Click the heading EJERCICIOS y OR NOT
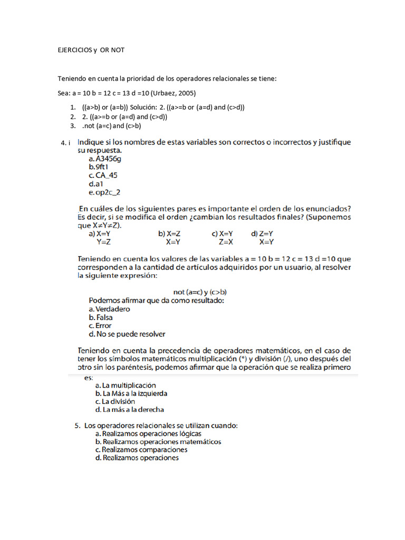coord(91,50)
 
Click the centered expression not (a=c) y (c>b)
coord(200,292)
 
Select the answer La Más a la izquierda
coord(131,394)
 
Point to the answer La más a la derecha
coord(130,410)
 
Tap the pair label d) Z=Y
coord(262,234)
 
